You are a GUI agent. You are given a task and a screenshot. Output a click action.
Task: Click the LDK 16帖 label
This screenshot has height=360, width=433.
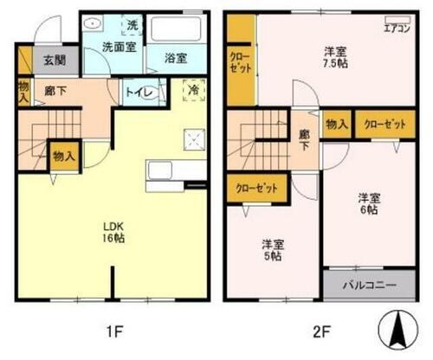117,234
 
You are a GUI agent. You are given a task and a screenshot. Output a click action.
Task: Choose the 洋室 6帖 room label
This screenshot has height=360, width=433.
370,202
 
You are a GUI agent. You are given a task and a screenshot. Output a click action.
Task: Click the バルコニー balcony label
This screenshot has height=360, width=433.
369,284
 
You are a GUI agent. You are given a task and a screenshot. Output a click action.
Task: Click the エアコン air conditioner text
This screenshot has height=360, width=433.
397,27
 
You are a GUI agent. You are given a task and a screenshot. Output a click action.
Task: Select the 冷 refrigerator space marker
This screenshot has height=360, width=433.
193,87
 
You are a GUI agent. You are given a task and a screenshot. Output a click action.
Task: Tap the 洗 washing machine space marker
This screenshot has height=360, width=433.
132,23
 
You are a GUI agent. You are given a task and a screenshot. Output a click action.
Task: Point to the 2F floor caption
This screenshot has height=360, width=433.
320,330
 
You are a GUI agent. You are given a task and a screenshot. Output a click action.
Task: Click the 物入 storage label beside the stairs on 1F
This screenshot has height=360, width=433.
61,156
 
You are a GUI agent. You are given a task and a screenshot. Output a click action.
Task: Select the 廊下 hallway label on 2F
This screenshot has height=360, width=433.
304,140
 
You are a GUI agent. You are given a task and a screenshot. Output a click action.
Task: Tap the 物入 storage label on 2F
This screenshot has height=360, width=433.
336,125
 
